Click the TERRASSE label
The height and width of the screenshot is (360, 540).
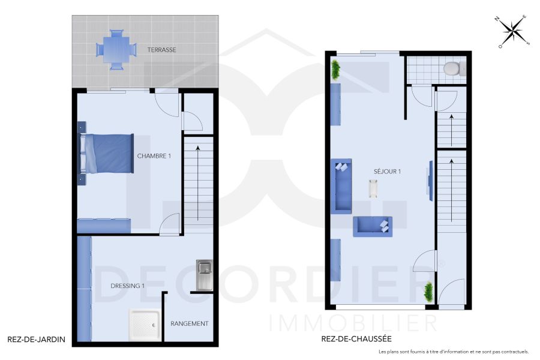[x=162, y=50]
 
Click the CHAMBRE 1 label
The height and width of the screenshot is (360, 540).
[x=154, y=156]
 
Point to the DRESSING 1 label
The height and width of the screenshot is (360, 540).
[x=128, y=286]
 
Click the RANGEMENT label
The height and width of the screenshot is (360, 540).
[x=190, y=323]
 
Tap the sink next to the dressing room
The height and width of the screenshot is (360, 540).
[x=204, y=274]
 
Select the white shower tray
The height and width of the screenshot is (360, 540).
[x=144, y=325]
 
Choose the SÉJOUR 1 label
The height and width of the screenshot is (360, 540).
[x=387, y=172]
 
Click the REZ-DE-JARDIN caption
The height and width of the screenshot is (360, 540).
[x=35, y=339]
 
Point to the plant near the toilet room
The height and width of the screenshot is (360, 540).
[x=335, y=70]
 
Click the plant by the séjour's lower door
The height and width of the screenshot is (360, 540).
[x=429, y=292]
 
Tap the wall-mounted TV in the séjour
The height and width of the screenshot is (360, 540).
[x=429, y=178]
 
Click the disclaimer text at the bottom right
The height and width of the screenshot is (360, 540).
[x=453, y=352]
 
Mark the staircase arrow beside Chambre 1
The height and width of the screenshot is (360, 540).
[x=197, y=180]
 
